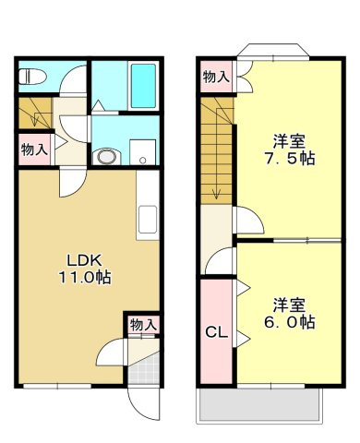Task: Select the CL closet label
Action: pos(217,331)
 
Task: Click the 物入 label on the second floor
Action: pos(216,78)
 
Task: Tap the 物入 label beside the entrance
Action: pos(143,325)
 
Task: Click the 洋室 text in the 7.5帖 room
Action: pos(289,141)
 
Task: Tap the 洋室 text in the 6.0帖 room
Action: pos(289,304)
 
